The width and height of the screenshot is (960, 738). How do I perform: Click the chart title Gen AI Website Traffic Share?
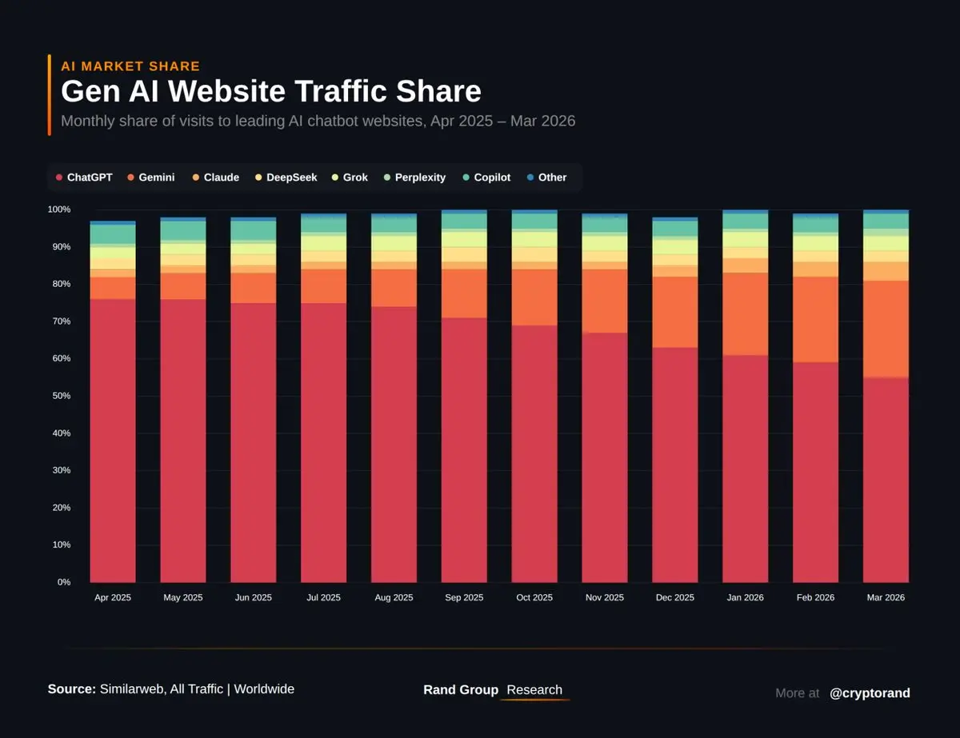(x=271, y=91)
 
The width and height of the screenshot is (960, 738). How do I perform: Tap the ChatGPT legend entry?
(x=84, y=178)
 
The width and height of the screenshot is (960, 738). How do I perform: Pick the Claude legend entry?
(x=215, y=178)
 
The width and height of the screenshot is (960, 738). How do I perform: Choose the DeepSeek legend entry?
(x=286, y=178)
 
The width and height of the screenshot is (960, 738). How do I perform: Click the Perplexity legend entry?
(x=414, y=178)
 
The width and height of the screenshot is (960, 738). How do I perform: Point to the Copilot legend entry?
(x=486, y=178)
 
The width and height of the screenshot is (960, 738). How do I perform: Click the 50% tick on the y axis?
(x=59, y=396)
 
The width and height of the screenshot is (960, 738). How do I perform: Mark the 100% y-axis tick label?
(x=58, y=209)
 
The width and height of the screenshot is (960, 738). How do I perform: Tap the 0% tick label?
(x=63, y=582)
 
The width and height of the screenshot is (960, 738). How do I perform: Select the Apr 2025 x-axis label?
(x=112, y=597)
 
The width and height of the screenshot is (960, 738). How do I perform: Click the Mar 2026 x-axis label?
(x=886, y=597)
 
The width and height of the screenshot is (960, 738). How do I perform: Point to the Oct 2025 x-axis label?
(x=534, y=597)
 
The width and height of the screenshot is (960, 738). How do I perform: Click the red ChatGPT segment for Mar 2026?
(x=886, y=480)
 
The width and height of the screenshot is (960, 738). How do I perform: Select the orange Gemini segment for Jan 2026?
(x=745, y=313)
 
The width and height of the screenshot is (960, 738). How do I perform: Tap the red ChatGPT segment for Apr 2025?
(x=112, y=440)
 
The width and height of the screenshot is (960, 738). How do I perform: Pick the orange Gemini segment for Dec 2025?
(x=674, y=312)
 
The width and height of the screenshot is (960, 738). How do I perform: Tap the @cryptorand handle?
(x=870, y=693)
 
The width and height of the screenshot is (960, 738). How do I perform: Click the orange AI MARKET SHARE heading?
(x=130, y=66)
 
